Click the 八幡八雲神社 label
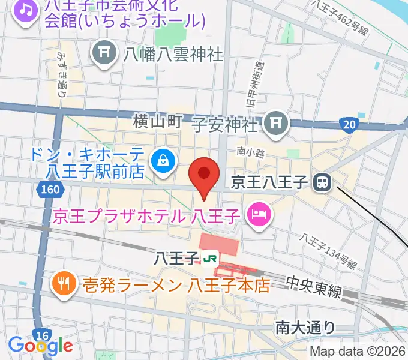(173, 55)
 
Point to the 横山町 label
(157, 122)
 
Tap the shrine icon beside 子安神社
(277, 124)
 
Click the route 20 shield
(349, 124)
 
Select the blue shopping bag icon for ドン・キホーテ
(163, 160)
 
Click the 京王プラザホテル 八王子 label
(146, 215)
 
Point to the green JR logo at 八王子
(210, 259)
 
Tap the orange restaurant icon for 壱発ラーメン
(63, 283)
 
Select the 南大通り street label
(305, 327)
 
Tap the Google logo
(40, 346)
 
